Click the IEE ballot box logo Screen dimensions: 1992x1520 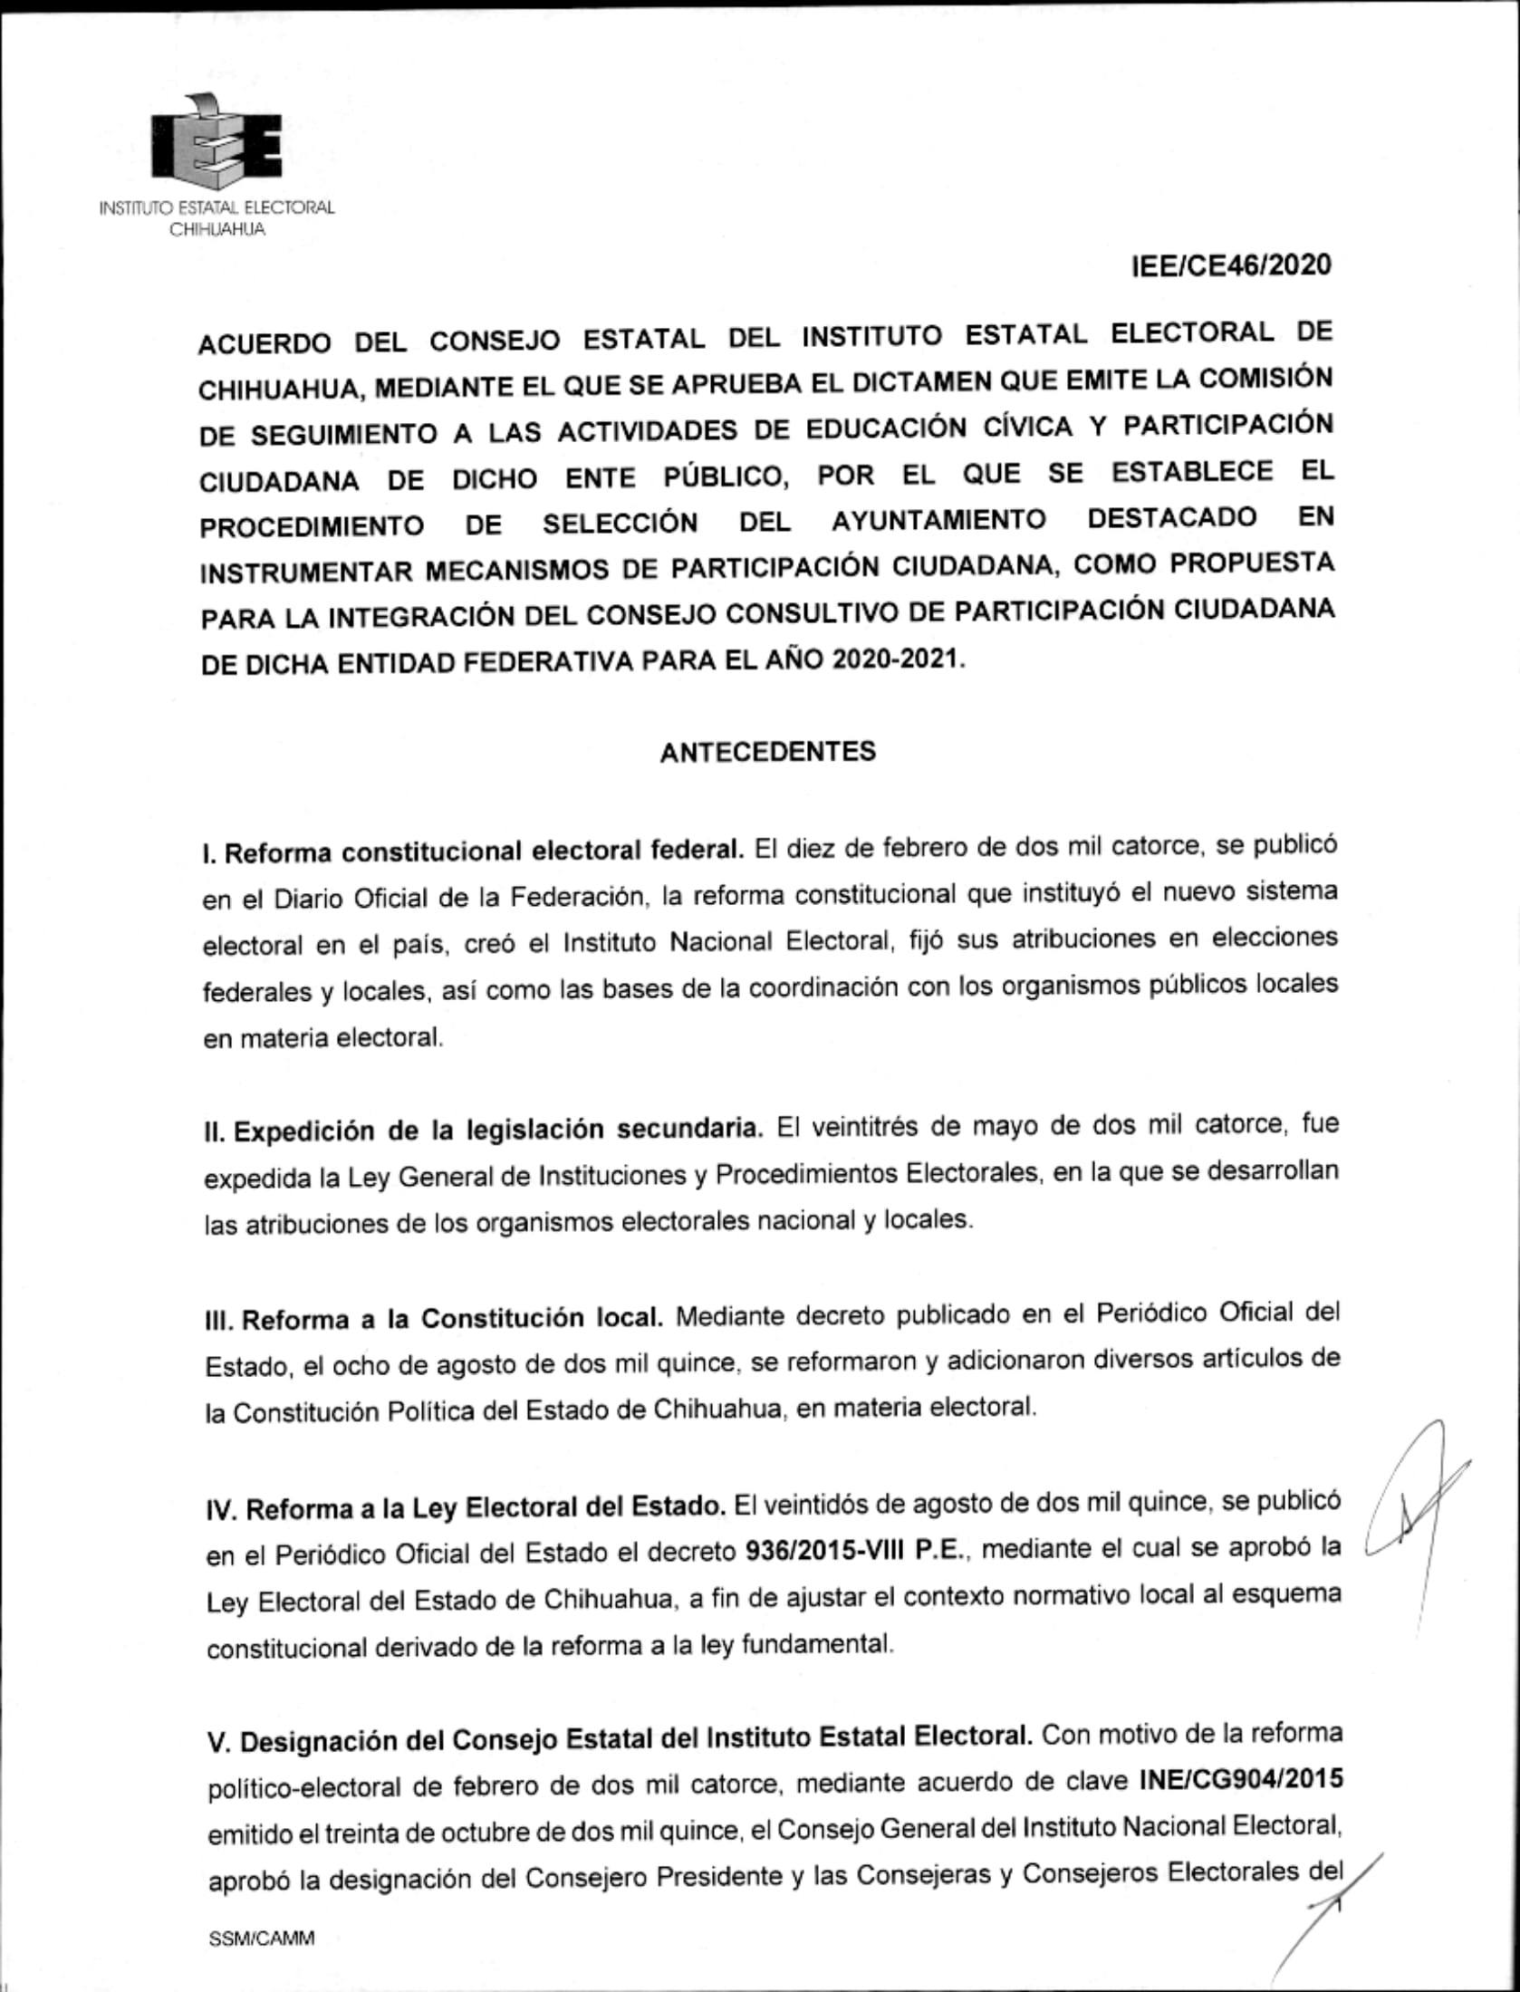click(216, 143)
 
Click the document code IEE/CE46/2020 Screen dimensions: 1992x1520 click(1231, 266)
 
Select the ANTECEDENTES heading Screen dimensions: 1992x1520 click(767, 752)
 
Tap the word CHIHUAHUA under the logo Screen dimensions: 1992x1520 click(217, 230)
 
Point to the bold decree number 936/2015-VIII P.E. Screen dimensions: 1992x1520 click(851, 1550)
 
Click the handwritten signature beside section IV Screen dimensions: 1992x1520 click(1413, 1522)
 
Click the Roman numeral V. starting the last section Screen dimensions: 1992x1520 click(218, 1742)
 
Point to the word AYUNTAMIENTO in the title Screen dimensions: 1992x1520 click(938, 521)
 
